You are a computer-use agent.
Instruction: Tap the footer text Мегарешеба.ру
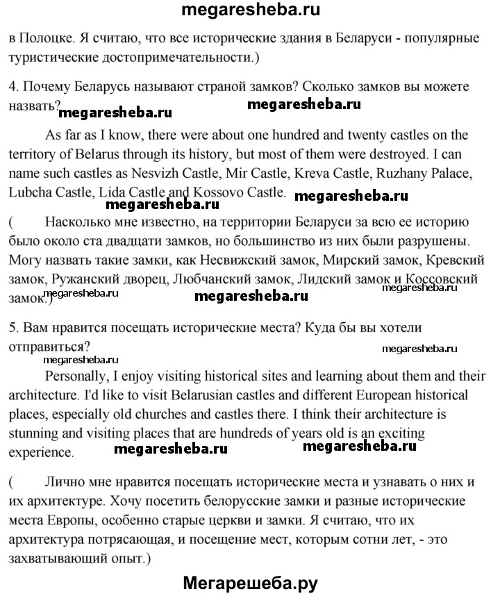(x=251, y=582)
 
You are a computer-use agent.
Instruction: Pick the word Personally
(x=76, y=376)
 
